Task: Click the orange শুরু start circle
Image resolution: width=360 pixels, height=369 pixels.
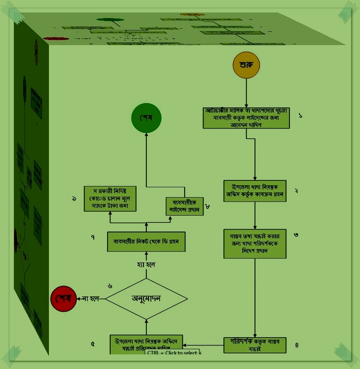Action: tap(246, 65)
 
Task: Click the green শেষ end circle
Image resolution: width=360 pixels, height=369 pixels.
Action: tap(146, 117)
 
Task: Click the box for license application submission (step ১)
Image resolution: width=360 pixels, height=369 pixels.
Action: tap(247, 118)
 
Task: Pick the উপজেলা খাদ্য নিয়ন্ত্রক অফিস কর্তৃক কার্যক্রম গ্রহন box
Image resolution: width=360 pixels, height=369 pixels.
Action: tap(255, 190)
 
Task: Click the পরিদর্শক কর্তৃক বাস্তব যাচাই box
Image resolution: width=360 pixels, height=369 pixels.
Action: tap(255, 345)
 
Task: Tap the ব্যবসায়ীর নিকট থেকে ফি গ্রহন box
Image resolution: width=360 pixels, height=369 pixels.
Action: tap(146, 242)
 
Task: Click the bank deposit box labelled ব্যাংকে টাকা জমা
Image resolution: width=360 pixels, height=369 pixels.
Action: tap(110, 199)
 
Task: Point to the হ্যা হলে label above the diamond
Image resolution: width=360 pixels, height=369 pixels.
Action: tap(145, 265)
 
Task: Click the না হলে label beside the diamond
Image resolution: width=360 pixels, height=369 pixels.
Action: tap(91, 298)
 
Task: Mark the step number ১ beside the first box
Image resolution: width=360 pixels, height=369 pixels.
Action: tap(300, 115)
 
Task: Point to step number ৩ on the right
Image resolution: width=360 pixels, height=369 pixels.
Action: tap(296, 235)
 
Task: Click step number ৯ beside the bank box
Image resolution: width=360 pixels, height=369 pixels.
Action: tap(74, 198)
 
